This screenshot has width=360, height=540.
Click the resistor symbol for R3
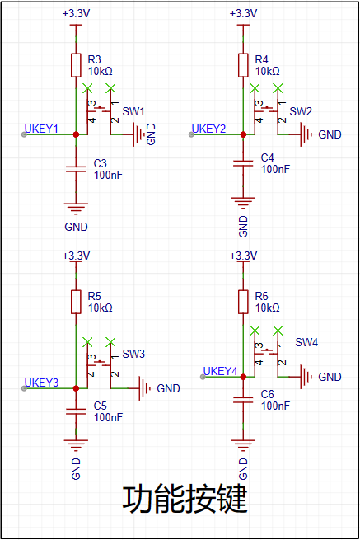[x=76, y=65]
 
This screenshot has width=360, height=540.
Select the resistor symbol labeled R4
[x=243, y=65]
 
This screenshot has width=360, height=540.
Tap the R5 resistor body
[x=76, y=302]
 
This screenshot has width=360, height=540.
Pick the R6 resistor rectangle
[x=243, y=302]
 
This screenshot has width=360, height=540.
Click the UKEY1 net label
[x=41, y=129]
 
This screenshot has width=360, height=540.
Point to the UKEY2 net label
[x=208, y=129]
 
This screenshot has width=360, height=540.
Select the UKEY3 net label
[x=41, y=383]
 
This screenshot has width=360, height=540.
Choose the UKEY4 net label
[x=220, y=371]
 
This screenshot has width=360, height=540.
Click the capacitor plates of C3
[x=76, y=169]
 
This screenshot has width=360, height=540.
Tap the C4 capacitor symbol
[x=243, y=163]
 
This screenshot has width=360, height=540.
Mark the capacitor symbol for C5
[x=76, y=411]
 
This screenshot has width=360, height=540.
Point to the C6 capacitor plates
[x=243, y=400]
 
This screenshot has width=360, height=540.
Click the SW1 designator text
[x=133, y=111]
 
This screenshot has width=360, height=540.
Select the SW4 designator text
[x=306, y=342]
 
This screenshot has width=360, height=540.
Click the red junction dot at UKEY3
[x=76, y=388]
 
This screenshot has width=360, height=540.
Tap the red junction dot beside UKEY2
[x=243, y=134]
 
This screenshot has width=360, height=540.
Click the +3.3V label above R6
[x=243, y=256]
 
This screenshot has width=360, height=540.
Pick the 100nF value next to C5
[x=108, y=417]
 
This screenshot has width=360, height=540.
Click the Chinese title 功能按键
[x=185, y=499]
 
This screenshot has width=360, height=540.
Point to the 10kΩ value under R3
[x=101, y=71]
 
